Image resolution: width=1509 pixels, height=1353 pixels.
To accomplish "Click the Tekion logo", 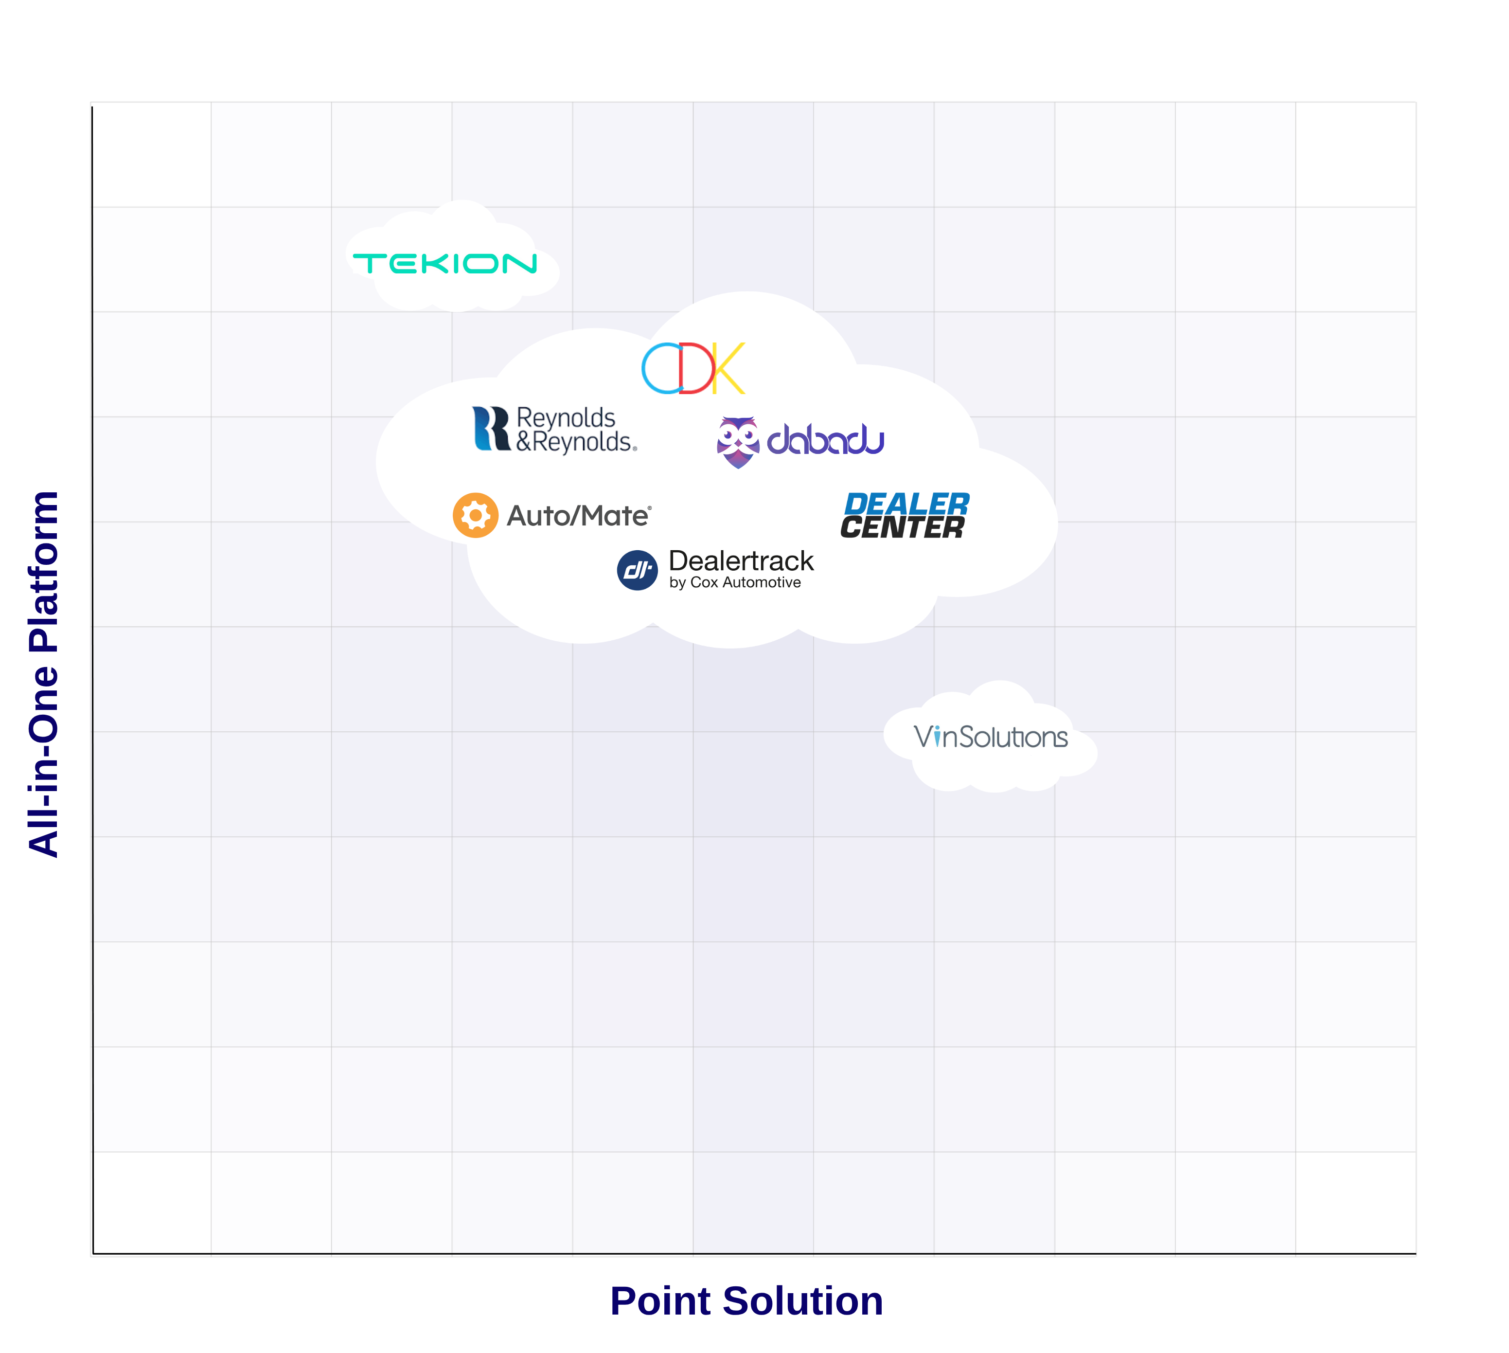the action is (x=444, y=263).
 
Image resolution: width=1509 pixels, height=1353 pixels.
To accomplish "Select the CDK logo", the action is (x=692, y=368).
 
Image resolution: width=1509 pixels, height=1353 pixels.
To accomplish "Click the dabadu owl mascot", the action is (x=737, y=442).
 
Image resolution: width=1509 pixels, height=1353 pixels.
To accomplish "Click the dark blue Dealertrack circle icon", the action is (x=637, y=570).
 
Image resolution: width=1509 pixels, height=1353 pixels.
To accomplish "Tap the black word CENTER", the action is (x=902, y=528).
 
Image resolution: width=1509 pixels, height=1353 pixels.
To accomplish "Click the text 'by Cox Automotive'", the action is (x=735, y=583).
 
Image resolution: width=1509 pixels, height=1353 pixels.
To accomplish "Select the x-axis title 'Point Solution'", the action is (x=746, y=1301).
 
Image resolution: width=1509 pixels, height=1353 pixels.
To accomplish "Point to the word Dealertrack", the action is (x=741, y=560).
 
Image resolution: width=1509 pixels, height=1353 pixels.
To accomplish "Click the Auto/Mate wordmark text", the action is (x=578, y=516).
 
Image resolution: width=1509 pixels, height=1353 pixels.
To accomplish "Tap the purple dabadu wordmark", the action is (x=825, y=439).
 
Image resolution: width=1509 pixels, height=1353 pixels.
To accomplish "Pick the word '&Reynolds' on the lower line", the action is (x=576, y=442).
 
